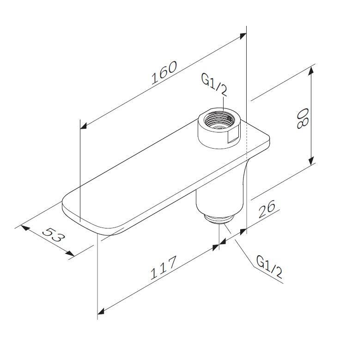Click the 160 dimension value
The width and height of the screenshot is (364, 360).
[x=164, y=72]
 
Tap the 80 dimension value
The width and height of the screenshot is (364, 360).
[x=303, y=118]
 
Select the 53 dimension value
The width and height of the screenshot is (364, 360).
[x=53, y=235]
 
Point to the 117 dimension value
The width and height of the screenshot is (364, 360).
[x=164, y=267]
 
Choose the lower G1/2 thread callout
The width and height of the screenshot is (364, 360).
[x=269, y=266]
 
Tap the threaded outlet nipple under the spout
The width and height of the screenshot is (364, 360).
[x=218, y=218]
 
